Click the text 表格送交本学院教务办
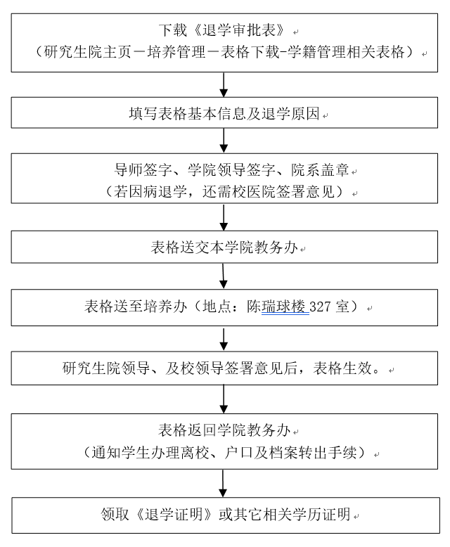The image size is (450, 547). [x=224, y=248]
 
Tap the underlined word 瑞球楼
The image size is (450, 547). [x=285, y=308]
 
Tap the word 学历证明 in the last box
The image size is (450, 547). [x=325, y=514]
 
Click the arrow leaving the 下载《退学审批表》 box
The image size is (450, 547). [x=224, y=83]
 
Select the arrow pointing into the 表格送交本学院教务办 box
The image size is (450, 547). [x=224, y=218]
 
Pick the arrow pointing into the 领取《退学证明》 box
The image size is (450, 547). [x=224, y=484]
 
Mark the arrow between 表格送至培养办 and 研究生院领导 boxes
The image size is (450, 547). [x=224, y=339]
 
